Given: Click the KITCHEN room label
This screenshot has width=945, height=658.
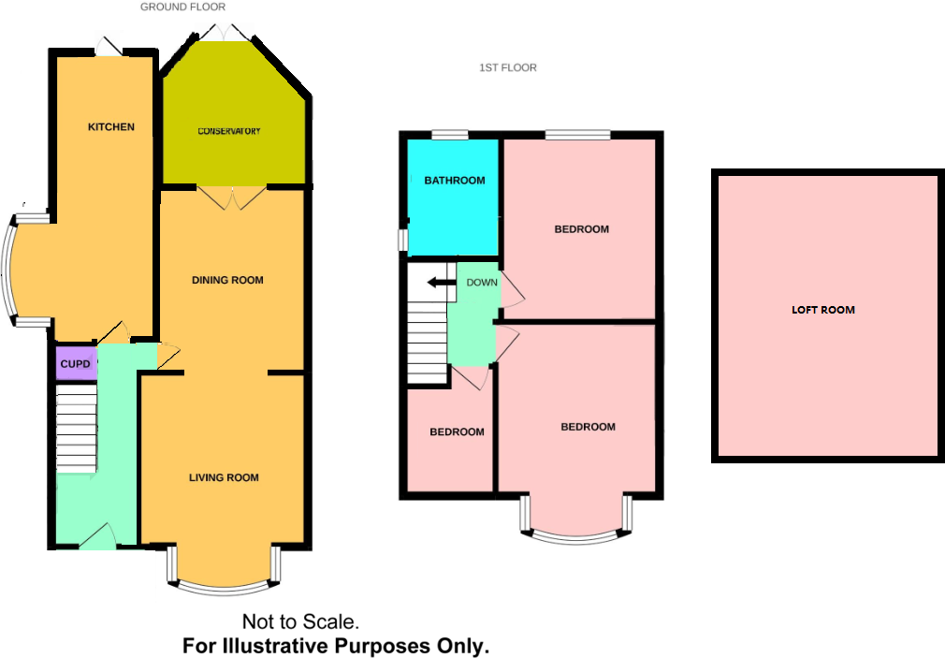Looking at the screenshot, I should (111, 127).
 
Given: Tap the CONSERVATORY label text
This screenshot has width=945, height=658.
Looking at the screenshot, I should (228, 131).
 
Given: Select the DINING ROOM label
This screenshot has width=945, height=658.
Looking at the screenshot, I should (227, 280).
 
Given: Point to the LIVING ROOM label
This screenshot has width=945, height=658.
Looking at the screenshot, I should (224, 478).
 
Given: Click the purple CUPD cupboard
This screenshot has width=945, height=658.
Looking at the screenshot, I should (75, 364).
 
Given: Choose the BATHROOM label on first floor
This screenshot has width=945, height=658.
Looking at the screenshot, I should (454, 181).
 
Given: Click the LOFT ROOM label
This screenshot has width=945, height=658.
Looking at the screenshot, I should (823, 310).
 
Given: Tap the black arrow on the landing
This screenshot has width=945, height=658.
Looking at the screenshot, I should (436, 283).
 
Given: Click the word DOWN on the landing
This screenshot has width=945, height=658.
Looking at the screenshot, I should (482, 283).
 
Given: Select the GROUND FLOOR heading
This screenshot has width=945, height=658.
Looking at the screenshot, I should (182, 7).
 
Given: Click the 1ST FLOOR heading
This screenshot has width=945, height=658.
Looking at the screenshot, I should (507, 68).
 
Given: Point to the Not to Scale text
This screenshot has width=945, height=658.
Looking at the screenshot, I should (300, 621).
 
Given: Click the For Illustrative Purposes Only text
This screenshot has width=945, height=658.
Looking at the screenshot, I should (336, 646).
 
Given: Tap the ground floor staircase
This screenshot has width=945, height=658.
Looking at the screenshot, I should (77, 431).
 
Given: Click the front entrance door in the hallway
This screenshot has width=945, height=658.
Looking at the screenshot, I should (97, 538).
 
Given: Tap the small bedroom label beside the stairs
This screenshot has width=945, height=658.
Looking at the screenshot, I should (457, 432).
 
